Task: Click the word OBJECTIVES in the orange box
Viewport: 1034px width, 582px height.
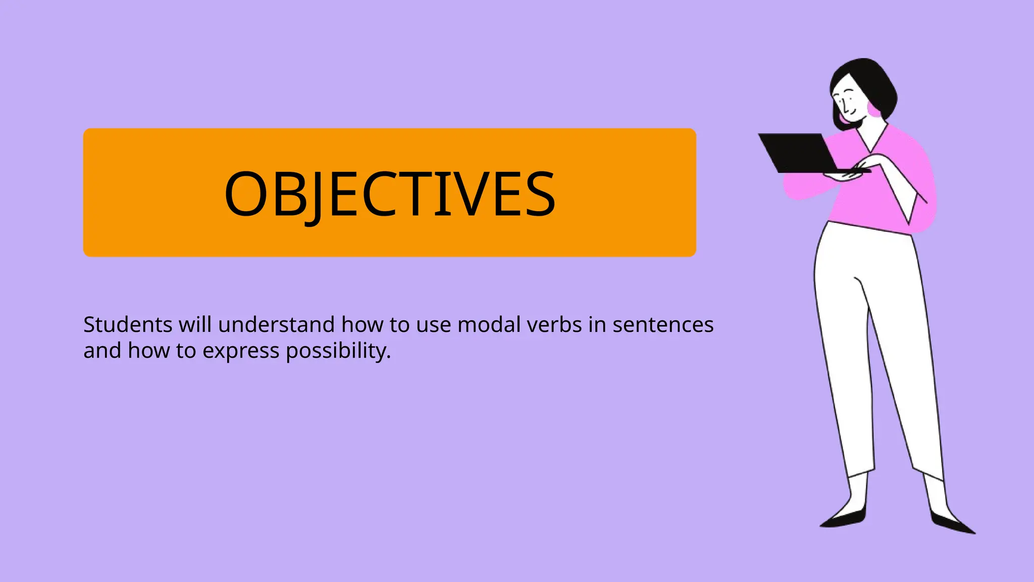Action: [389, 194]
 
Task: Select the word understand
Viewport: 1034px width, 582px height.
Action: [276, 325]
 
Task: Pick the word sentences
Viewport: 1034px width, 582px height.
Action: [663, 325]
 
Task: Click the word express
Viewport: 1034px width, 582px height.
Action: [241, 351]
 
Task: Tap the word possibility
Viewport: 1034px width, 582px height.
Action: [338, 351]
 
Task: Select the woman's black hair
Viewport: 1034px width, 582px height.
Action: [868, 81]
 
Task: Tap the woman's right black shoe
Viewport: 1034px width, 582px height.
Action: [952, 523]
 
